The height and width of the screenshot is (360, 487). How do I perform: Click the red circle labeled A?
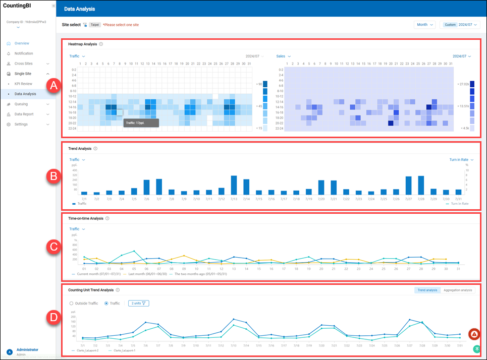pyautogui.click(x=54, y=86)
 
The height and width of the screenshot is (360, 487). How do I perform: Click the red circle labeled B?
pyautogui.click(x=54, y=176)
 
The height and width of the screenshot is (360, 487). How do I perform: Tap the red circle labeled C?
pyautogui.click(x=54, y=247)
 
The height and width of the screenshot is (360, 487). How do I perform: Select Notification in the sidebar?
pyautogui.click(x=24, y=53)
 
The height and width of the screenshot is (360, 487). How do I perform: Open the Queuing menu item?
pyautogui.click(x=21, y=104)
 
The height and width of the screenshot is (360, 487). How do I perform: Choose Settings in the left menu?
pyautogui.click(x=21, y=124)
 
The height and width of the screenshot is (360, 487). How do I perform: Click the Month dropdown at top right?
pyautogui.click(x=424, y=25)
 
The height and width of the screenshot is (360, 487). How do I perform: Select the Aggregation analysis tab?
pyautogui.click(x=458, y=290)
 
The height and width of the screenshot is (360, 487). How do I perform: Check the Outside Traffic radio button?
pyautogui.click(x=72, y=303)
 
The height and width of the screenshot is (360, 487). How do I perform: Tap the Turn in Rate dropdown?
pyautogui.click(x=461, y=160)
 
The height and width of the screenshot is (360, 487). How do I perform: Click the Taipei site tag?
pyautogui.click(x=94, y=25)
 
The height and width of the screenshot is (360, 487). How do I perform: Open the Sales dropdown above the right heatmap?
pyautogui.click(x=283, y=56)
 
